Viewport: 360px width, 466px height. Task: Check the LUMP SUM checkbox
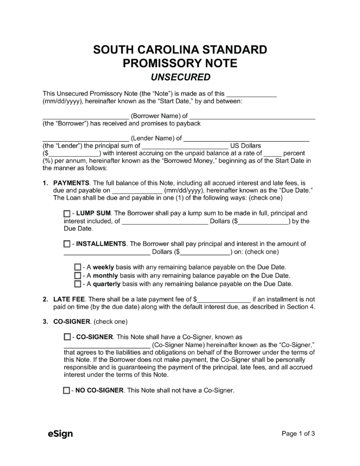tap(67, 213)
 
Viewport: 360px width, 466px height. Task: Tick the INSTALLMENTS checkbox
tap(67, 244)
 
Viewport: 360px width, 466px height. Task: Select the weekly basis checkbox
tap(77, 267)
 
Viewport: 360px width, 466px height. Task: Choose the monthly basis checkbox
tap(77, 275)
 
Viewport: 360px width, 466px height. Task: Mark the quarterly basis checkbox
tap(77, 284)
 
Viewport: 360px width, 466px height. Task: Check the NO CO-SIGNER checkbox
tap(66, 390)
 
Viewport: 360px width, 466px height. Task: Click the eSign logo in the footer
tap(60, 434)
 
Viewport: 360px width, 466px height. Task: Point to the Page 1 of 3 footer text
tap(298, 434)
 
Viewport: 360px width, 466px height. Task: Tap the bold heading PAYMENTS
tap(72, 182)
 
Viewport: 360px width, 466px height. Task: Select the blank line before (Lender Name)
tap(85, 139)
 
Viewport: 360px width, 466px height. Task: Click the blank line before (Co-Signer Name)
tap(106, 345)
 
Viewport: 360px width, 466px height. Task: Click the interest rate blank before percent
tap(272, 153)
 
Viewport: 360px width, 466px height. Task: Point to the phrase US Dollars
tap(246, 146)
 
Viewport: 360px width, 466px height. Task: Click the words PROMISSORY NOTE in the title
tap(180, 63)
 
